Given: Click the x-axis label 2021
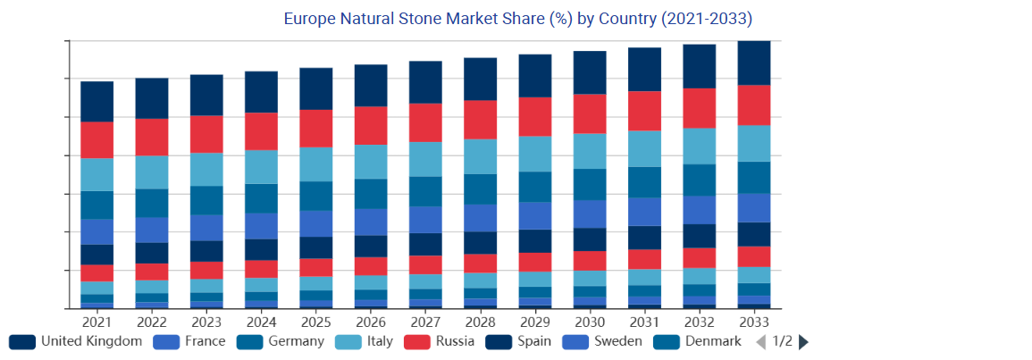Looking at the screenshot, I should pyautogui.click(x=96, y=322).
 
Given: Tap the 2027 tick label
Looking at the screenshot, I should pyautogui.click(x=425, y=322).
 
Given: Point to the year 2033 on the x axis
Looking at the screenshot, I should pyautogui.click(x=754, y=322).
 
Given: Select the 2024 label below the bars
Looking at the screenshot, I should pyautogui.click(x=261, y=322).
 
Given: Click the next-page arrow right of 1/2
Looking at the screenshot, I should pyautogui.click(x=803, y=341).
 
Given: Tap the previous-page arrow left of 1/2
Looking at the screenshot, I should pyautogui.click(x=760, y=341).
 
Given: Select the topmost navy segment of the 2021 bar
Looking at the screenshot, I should pyautogui.click(x=96, y=101).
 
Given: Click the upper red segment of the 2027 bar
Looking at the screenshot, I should pyautogui.click(x=425, y=122).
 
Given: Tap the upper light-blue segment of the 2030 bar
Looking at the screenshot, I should pyautogui.click(x=590, y=151).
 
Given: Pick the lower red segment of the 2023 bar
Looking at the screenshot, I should pyautogui.click(x=206, y=270).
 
